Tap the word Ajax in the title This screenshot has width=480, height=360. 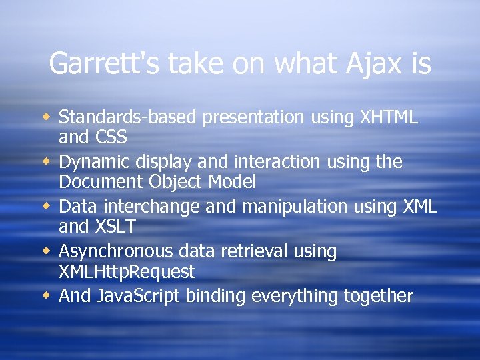pyautogui.click(x=370, y=65)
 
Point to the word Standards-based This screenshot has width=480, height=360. pyautogui.click(x=128, y=117)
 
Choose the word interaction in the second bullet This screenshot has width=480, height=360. pyautogui.click(x=265, y=162)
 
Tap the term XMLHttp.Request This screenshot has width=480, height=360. pyautogui.click(x=127, y=272)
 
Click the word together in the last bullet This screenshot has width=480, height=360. pyautogui.click(x=378, y=296)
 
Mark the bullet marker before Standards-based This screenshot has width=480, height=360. pyautogui.click(x=45, y=117)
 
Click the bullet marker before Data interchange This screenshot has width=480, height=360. pyautogui.click(x=45, y=207)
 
